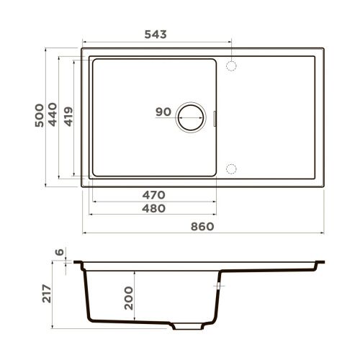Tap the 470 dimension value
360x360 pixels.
(x=153, y=194)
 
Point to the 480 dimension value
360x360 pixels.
(x=153, y=208)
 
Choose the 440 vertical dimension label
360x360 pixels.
(x=53, y=117)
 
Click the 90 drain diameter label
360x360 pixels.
(x=163, y=112)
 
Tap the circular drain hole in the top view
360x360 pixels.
(x=191, y=117)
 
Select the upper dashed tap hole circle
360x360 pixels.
(x=232, y=66)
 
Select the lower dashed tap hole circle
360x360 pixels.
(x=232, y=168)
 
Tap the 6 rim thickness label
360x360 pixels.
(x=60, y=253)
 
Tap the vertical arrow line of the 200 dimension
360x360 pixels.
(x=142, y=295)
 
